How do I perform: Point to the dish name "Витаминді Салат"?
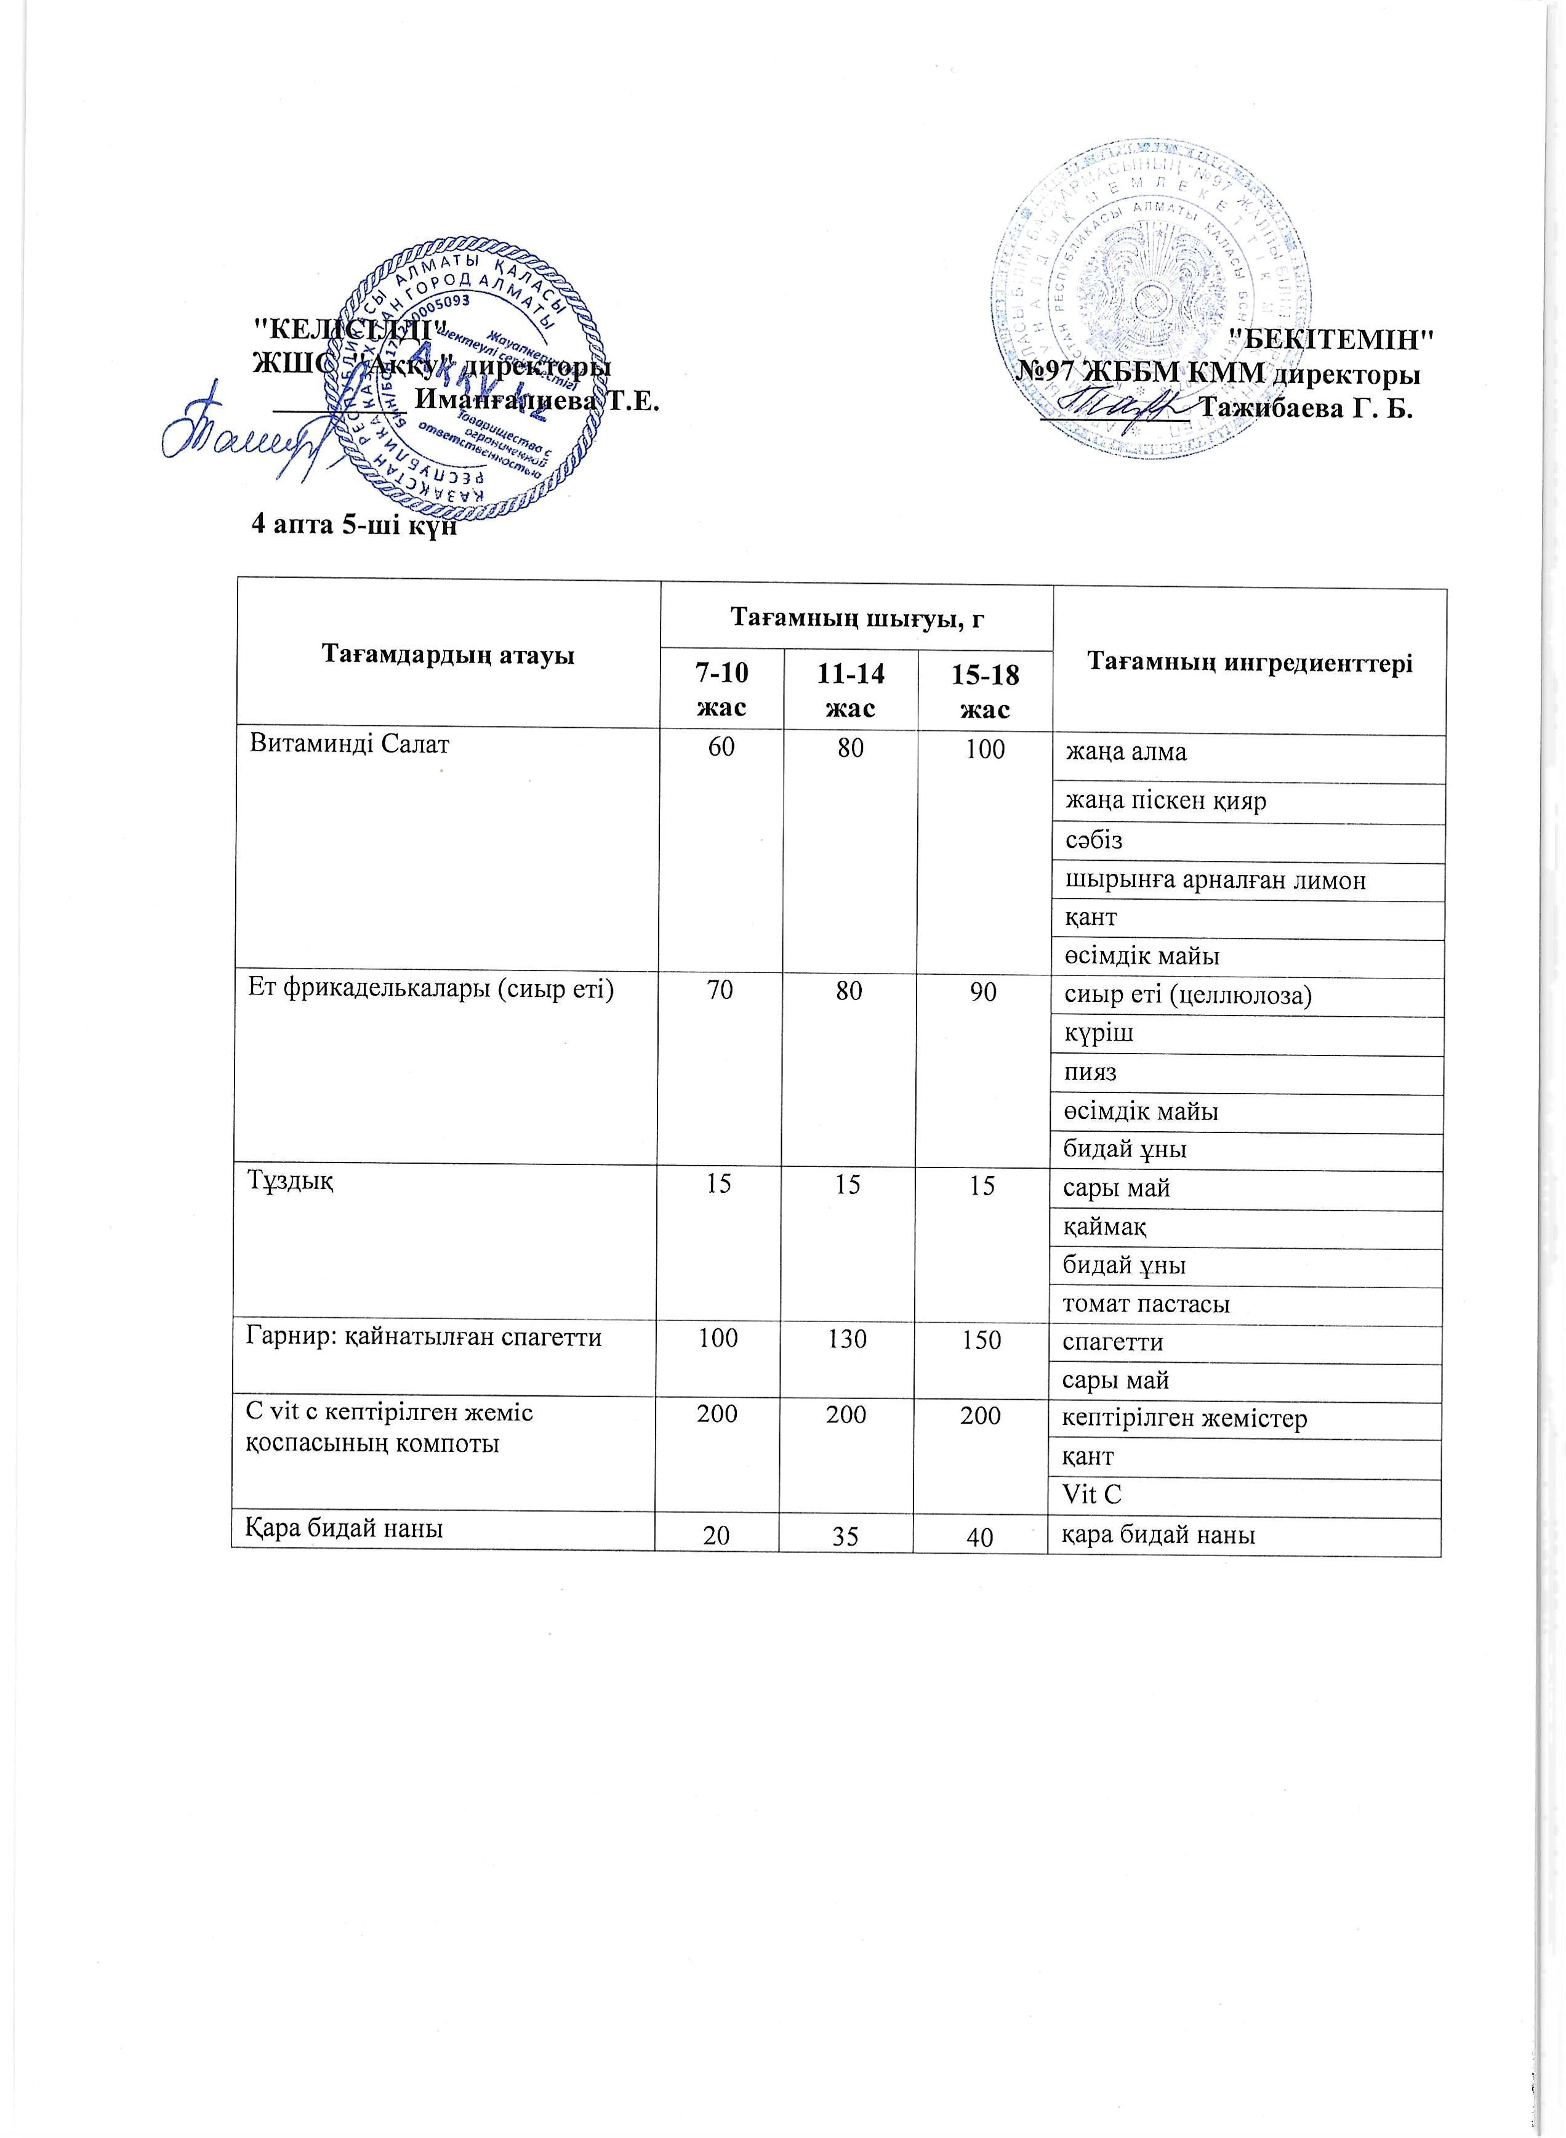click(x=349, y=744)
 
